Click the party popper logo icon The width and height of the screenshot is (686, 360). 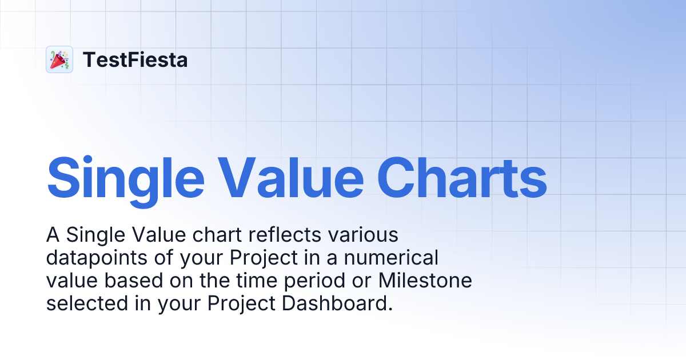click(59, 59)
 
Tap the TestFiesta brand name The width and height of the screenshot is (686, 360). click(135, 59)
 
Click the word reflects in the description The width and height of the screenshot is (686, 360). click(278, 235)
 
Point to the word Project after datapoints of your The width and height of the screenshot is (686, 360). click(264, 258)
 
